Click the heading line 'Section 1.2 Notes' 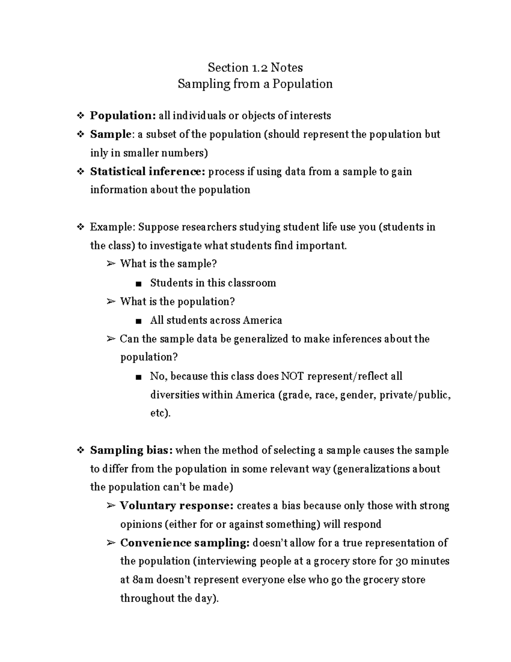pos(255,67)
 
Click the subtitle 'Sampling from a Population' pos(255,84)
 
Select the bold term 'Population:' pos(123,116)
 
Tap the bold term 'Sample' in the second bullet pos(110,134)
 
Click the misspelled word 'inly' pos(99,153)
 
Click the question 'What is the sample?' pos(169,264)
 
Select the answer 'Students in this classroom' pos(213,283)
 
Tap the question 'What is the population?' pos(178,301)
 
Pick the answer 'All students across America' pos(216,320)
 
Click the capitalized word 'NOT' pos(293,376)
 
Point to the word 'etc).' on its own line pos(160,413)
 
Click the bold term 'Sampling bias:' pos(131,451)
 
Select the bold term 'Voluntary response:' pos(177,506)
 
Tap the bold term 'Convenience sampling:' pos(185,543)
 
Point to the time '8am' pos(142,580)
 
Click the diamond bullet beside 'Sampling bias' pos(80,451)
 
